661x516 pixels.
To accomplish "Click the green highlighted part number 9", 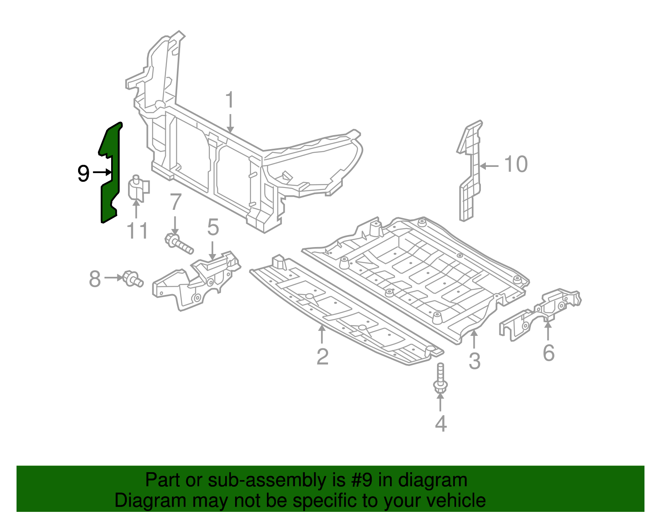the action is [x=110, y=174].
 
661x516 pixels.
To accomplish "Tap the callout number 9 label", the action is [x=83, y=174].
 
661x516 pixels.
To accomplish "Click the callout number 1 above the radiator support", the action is [x=230, y=101].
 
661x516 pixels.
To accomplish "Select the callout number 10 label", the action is [x=516, y=164].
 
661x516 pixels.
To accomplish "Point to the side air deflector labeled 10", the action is [x=470, y=174].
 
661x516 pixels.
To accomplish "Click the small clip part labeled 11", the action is [x=138, y=189].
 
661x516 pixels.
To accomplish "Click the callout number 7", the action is [x=176, y=202].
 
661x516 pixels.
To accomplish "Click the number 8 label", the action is [x=95, y=279].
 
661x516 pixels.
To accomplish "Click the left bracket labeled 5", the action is [x=194, y=281].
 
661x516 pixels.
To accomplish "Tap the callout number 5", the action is [x=213, y=227].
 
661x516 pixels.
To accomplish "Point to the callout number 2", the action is [x=322, y=357].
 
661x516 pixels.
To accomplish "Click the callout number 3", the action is [x=474, y=361].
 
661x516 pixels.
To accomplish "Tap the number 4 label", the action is [x=441, y=424].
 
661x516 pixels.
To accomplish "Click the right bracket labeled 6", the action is [x=541, y=314].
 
